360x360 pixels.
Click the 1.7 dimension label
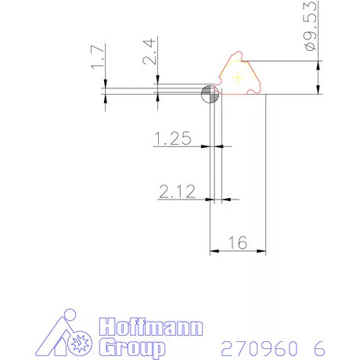[x=98, y=57]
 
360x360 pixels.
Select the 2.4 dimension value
[x=149, y=52]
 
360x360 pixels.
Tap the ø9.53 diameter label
[x=311, y=26]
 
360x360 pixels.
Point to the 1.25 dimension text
[x=173, y=139]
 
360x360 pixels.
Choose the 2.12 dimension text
[x=177, y=192]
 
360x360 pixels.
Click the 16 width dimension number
[x=237, y=243]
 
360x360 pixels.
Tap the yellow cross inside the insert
[x=238, y=77]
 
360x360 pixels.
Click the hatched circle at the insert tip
[x=210, y=94]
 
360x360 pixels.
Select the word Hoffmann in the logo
[x=151, y=327]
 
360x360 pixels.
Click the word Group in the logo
[x=132, y=347]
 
